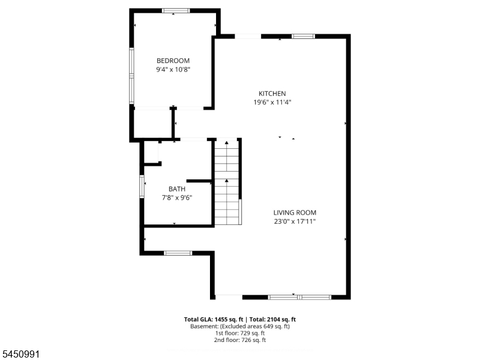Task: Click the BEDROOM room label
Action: click(173, 61)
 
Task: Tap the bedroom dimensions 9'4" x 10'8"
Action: click(173, 70)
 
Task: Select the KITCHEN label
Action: click(272, 94)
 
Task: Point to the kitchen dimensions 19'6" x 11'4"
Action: click(272, 102)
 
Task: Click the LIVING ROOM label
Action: click(295, 212)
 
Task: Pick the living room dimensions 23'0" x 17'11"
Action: click(295, 221)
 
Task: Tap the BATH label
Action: click(177, 189)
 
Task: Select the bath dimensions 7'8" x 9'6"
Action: click(177, 198)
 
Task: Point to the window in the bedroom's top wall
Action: click(176, 11)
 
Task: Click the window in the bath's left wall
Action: click(142, 186)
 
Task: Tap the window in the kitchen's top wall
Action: click(303, 37)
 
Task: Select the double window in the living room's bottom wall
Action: click(299, 297)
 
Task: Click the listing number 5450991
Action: click(20, 354)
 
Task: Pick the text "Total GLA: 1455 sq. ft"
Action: click(214, 320)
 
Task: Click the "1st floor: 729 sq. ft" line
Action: click(240, 333)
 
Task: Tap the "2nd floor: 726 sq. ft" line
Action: click(240, 340)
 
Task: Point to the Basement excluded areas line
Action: click(240, 326)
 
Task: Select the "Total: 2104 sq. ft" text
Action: click(272, 320)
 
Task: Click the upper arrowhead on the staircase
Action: click(227, 142)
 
